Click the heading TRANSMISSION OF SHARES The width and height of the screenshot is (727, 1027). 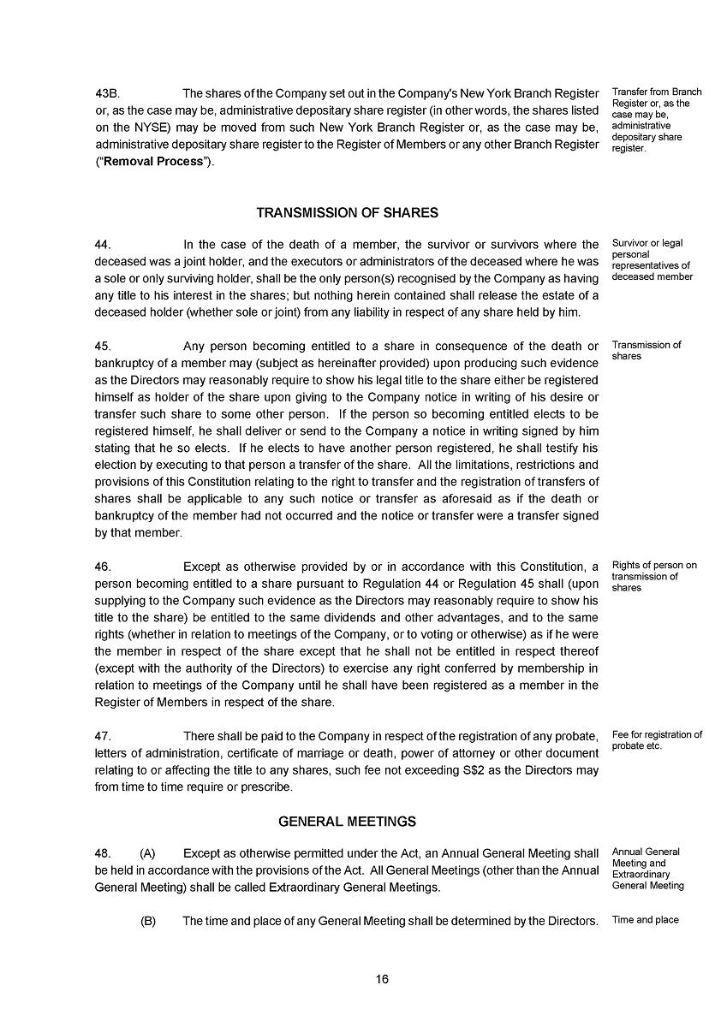(347, 213)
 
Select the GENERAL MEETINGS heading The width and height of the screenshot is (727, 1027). (347, 822)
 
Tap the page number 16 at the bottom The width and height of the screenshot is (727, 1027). (382, 979)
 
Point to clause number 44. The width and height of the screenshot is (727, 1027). (103, 245)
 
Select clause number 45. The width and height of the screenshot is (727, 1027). (103, 347)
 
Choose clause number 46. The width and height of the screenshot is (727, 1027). (103, 567)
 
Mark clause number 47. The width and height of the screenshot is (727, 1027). (103, 736)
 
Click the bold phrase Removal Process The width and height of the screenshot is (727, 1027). (153, 162)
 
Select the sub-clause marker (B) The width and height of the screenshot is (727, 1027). (147, 921)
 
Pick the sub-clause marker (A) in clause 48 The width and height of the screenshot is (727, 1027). (147, 853)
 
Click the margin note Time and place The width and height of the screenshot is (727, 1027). (645, 920)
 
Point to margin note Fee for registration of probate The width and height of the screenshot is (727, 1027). (657, 740)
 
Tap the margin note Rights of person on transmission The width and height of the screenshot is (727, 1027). (654, 576)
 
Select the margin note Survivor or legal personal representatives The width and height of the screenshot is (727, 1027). (652, 260)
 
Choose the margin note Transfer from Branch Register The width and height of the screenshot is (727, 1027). (656, 120)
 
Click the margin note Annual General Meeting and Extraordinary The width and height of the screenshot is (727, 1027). (647, 869)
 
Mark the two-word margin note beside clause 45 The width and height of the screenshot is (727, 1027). (647, 350)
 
